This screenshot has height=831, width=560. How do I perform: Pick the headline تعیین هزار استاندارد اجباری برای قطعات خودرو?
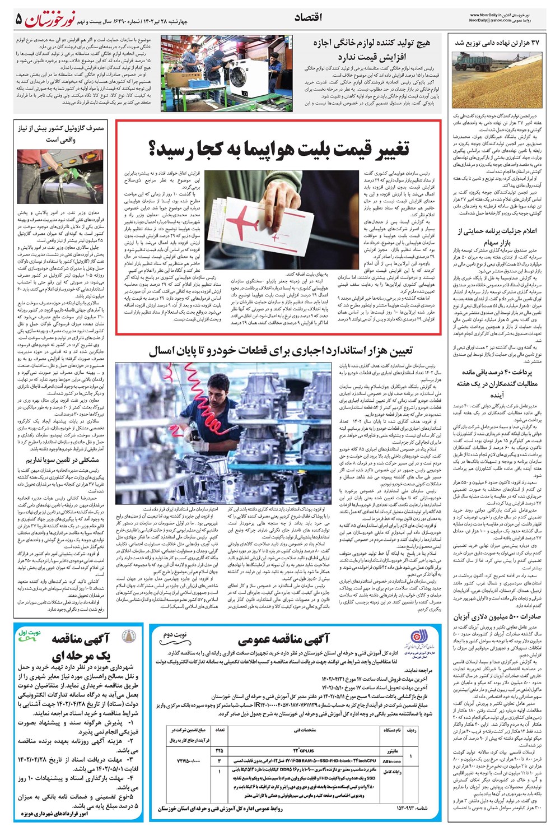tap(280, 351)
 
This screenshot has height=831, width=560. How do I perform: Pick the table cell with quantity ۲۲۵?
tap(218, 750)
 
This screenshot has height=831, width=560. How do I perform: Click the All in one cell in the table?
tap(391, 761)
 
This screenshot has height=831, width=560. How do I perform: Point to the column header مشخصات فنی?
tap(306, 731)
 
